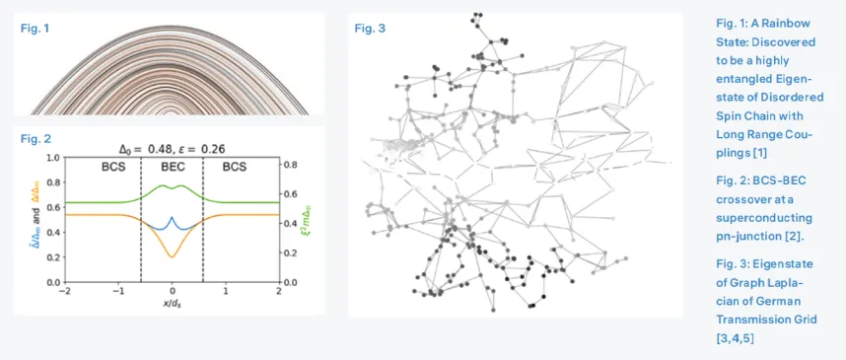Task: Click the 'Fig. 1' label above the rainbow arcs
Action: pos(35,28)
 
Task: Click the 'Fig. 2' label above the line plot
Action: pos(35,138)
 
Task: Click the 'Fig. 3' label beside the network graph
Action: pos(370,28)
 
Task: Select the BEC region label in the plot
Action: pos(173,168)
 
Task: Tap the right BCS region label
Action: pos(234,168)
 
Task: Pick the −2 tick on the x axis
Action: pos(66,291)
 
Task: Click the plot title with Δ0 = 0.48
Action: pos(173,149)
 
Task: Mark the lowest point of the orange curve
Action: pos(173,257)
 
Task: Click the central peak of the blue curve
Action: pos(173,218)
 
